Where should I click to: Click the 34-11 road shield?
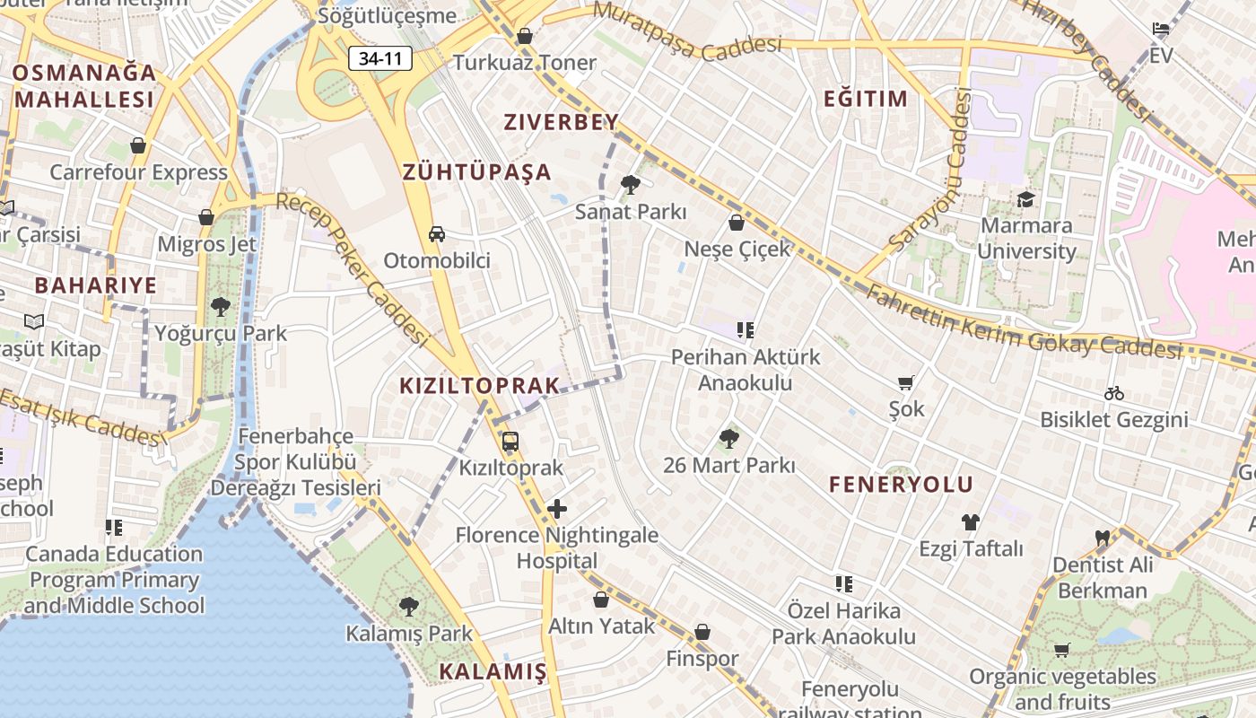coord(380,59)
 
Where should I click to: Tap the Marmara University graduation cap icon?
coord(1025,199)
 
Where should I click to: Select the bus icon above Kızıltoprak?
coord(510,442)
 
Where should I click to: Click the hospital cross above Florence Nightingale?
coord(557,510)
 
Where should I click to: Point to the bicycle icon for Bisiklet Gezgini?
coord(1114,393)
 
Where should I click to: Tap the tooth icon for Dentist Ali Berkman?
coord(1103,538)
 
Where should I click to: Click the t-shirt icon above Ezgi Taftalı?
coord(970,521)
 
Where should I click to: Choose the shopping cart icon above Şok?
coord(906,383)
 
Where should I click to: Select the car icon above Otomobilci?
coord(437,234)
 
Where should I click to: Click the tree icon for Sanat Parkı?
coord(631,185)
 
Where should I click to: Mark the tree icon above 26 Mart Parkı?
coord(729,439)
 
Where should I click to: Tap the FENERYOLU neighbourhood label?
coord(901,485)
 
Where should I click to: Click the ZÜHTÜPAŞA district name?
coord(476,171)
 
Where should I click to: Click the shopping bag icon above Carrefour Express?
coord(138,145)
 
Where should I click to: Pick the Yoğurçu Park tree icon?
coord(221,307)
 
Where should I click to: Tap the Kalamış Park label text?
coord(409,634)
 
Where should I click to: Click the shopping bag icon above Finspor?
coord(702,633)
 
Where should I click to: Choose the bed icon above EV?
coord(1161,29)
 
